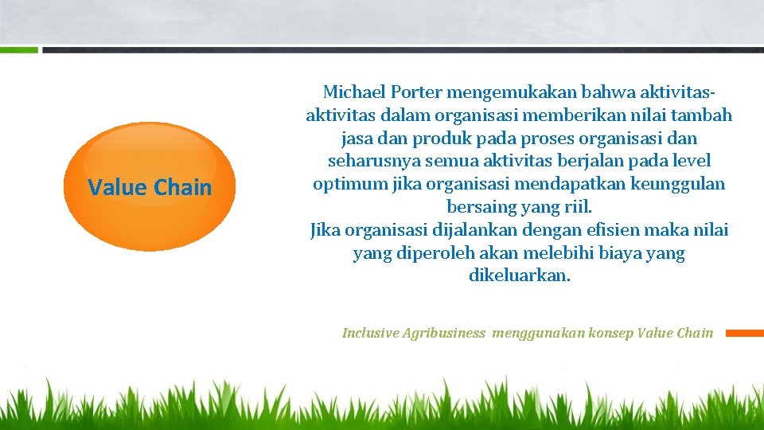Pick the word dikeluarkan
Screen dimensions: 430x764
(520, 277)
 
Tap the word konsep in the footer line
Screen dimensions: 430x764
(612, 333)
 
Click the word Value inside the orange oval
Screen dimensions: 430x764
(118, 188)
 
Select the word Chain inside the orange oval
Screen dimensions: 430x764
(183, 188)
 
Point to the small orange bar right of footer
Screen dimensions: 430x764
(744, 333)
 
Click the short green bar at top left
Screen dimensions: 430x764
(18, 49)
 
